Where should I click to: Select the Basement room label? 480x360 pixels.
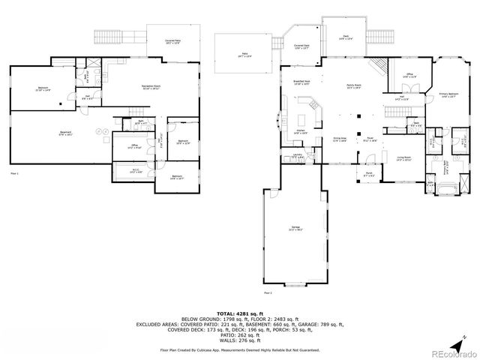coord(65,134)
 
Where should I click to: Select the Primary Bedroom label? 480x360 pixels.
coord(448,95)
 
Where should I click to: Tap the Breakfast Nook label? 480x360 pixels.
coord(301,83)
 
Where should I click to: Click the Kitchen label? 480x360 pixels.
coord(299,133)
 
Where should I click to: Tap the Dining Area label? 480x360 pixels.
coord(340,139)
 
